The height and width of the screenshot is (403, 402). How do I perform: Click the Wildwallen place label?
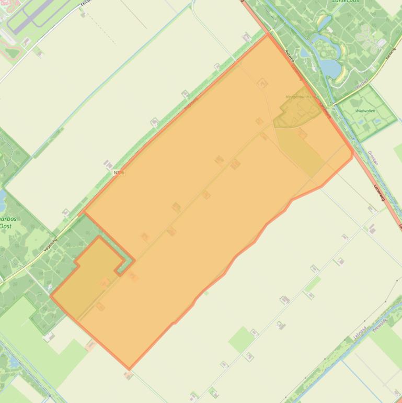365,111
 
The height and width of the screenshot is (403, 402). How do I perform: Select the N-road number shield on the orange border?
119,172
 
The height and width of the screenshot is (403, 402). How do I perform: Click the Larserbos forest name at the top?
345,2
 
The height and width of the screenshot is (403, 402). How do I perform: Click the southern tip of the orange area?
129,368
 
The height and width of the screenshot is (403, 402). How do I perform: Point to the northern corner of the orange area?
268,35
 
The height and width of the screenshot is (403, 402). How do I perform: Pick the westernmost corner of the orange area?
51,296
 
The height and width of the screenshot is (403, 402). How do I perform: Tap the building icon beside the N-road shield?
108,164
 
